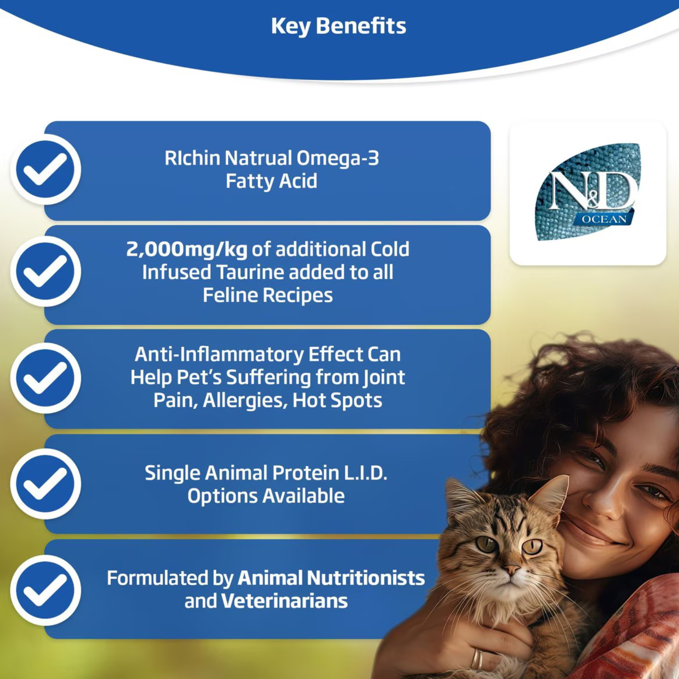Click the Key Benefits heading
[339, 26]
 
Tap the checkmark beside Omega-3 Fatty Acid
[45, 169]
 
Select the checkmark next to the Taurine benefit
[45, 272]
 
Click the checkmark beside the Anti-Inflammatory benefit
[45, 378]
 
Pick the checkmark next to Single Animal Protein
[45, 484]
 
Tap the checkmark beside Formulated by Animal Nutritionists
[45, 590]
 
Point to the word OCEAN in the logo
[604, 219]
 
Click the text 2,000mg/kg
[187, 250]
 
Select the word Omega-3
[337, 158]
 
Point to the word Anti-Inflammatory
[219, 355]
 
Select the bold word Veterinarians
[284, 601]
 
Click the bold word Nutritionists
[365, 578]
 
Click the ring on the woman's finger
[477, 659]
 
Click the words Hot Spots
[337, 401]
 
